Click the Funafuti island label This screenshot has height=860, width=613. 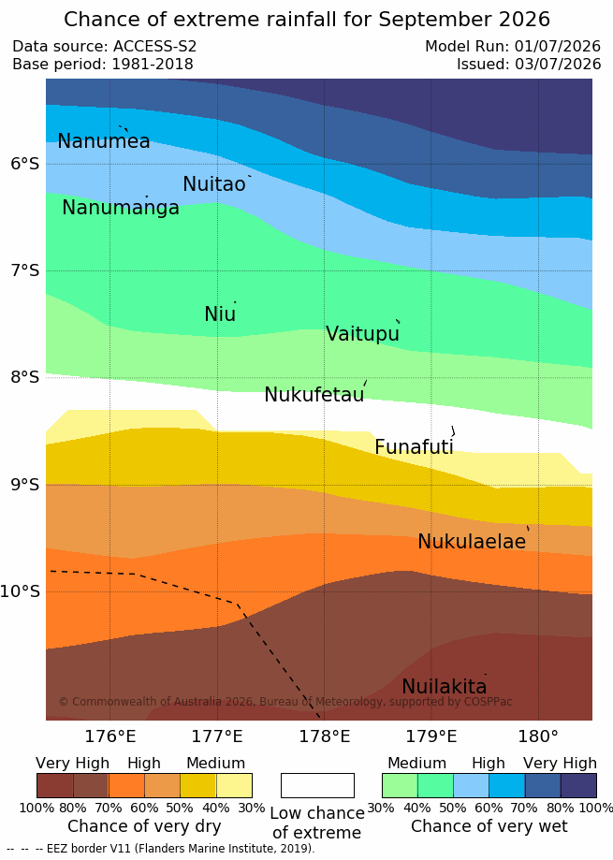pyautogui.click(x=414, y=446)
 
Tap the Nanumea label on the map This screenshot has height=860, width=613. pyautogui.click(x=104, y=141)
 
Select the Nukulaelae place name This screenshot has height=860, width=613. pyautogui.click(x=472, y=541)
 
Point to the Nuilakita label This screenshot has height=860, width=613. pyautogui.click(x=445, y=686)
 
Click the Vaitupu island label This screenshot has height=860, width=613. pyautogui.click(x=362, y=334)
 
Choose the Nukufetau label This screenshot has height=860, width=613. pyautogui.click(x=314, y=394)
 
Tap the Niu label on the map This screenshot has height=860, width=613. pyautogui.click(x=220, y=313)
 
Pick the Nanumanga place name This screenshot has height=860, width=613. pyautogui.click(x=121, y=208)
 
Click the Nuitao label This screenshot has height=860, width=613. pyautogui.click(x=213, y=183)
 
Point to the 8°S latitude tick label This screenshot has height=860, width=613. pyautogui.click(x=25, y=377)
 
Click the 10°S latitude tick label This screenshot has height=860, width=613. pyautogui.click(x=21, y=591)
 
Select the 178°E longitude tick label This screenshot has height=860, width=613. pyautogui.click(x=324, y=736)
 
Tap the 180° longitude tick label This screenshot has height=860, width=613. pyautogui.click(x=538, y=736)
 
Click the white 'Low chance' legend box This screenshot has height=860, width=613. pyautogui.click(x=317, y=785)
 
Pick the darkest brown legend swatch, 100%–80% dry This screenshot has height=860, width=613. pyautogui.click(x=55, y=785)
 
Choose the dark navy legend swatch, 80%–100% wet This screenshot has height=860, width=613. pyautogui.click(x=578, y=785)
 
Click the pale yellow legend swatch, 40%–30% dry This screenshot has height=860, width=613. pyautogui.click(x=234, y=785)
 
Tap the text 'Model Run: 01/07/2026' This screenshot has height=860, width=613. pyautogui.click(x=513, y=46)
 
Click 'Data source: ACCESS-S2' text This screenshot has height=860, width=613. pyautogui.click(x=104, y=46)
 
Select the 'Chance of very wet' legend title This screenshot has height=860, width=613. pyautogui.click(x=489, y=826)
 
